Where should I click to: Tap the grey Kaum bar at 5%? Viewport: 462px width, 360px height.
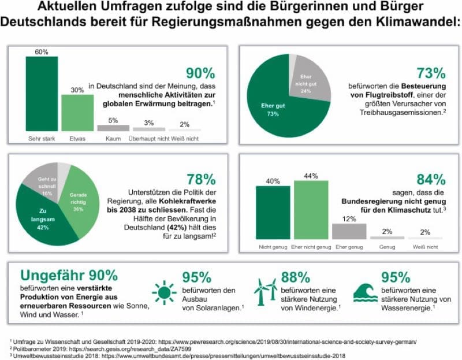112,128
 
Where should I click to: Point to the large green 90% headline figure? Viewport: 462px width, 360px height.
200,73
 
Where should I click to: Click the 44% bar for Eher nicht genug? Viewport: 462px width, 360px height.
311,209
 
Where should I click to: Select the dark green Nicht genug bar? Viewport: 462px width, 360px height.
273,212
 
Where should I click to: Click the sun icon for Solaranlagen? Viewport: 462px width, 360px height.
164,292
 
